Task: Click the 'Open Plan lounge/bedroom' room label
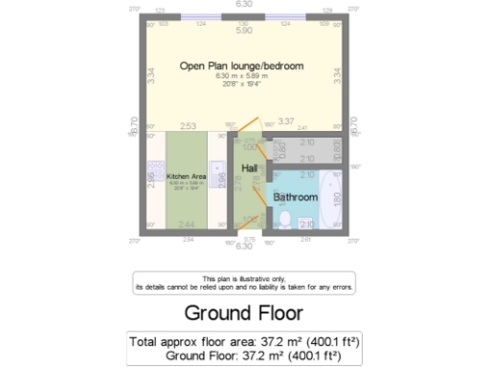tap(242, 66)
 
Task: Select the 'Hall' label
tap(249, 168)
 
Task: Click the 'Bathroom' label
tap(295, 197)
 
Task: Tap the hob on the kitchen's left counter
tap(153, 178)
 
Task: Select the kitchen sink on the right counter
tap(220, 177)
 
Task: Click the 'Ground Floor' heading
tap(243, 313)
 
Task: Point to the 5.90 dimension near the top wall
tap(244, 32)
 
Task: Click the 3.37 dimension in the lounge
tap(285, 122)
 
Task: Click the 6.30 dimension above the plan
tap(244, 5)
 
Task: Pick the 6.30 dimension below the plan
tap(244, 246)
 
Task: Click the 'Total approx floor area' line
tap(244, 340)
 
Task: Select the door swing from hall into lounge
tap(247, 127)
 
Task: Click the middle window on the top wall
tap(244, 16)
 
